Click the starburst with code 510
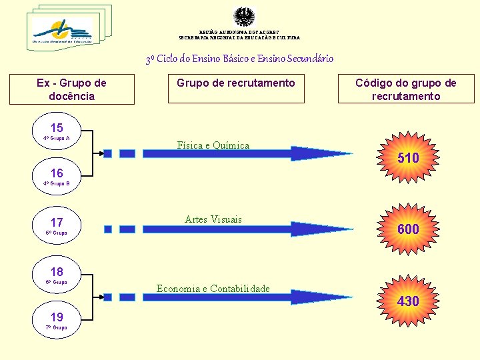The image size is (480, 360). click(x=408, y=158)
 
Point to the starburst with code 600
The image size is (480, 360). click(x=408, y=229)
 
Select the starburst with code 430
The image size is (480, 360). click(x=408, y=301)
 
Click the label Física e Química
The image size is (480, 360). click(x=213, y=145)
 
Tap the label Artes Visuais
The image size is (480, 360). click(x=213, y=219)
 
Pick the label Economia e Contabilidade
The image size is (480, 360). click(x=213, y=289)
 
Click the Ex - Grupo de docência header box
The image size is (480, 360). click(x=71, y=89)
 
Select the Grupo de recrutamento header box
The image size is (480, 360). click(x=235, y=89)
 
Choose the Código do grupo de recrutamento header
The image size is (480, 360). click(x=406, y=89)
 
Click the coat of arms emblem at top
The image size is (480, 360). click(x=244, y=17)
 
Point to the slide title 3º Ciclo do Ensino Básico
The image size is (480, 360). click(x=240, y=59)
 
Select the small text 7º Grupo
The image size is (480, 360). click(x=56, y=327)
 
